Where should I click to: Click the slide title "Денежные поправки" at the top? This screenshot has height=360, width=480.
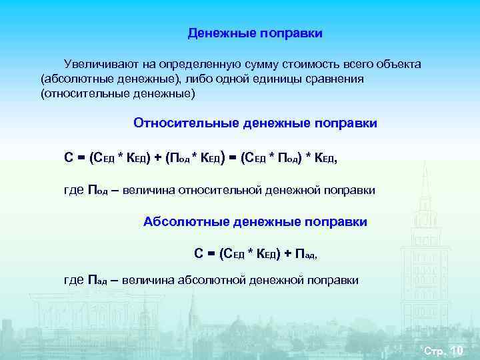pyautogui.click(x=255, y=33)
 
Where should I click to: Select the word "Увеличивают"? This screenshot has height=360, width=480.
pyautogui.click(x=97, y=64)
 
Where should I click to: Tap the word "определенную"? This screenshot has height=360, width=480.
pyautogui.click(x=194, y=64)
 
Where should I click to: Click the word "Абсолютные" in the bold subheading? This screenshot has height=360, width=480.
pyautogui.click(x=183, y=221)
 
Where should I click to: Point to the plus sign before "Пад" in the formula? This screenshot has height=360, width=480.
pyautogui.click(x=287, y=253)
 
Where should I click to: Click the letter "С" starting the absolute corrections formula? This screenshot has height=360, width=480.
pyautogui.click(x=199, y=253)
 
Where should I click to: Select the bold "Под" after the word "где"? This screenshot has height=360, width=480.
pyautogui.click(x=98, y=191)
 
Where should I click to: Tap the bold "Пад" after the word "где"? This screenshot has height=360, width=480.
pyautogui.click(x=98, y=281)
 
